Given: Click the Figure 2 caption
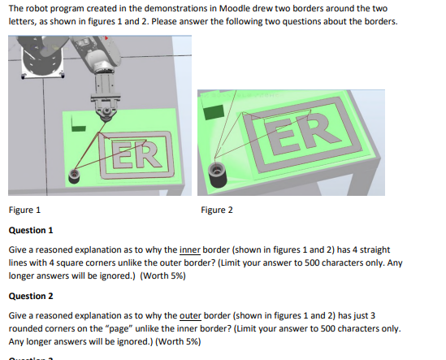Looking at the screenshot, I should [216, 210].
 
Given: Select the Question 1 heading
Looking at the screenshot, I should [31, 230].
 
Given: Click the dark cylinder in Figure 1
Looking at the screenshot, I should [75, 174].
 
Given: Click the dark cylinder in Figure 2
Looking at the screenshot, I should [218, 171].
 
